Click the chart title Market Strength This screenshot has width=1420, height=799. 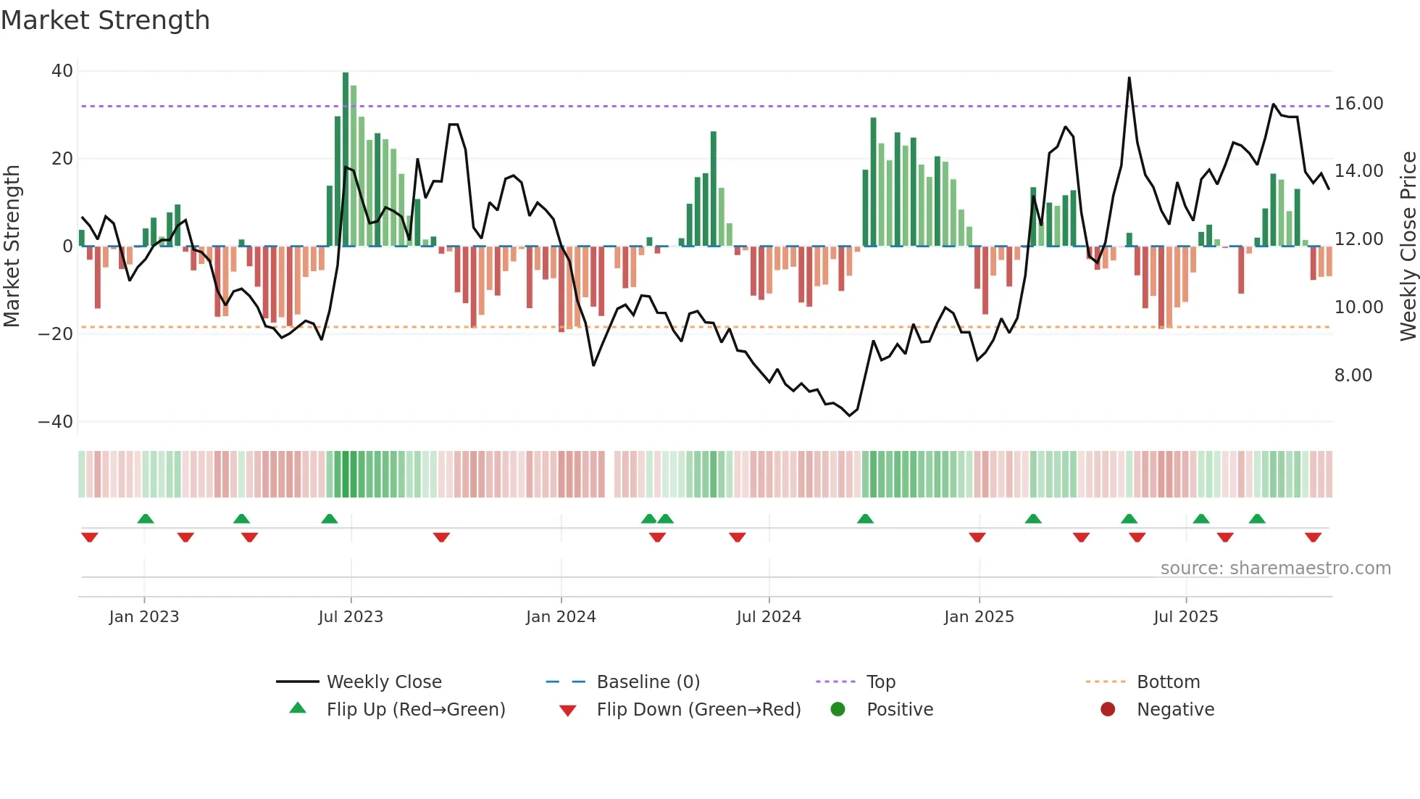coord(105,20)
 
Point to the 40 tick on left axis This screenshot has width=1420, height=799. coord(62,71)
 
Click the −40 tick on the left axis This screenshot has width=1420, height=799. coord(56,422)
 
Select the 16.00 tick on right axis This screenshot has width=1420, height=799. coord(1358,104)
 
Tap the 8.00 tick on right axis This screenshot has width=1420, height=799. coord(1353,376)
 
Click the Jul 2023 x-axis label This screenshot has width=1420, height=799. coord(351,617)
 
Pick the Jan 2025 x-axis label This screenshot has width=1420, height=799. coord(979,617)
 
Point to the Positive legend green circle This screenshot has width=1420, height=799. coord(838,710)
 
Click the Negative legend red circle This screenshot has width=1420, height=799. coord(1108,710)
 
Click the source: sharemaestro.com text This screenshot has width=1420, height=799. coord(1275,568)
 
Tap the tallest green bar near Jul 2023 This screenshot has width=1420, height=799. coord(346,160)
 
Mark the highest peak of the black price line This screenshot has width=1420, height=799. coord(1129,78)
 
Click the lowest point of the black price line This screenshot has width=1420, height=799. coord(850,415)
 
